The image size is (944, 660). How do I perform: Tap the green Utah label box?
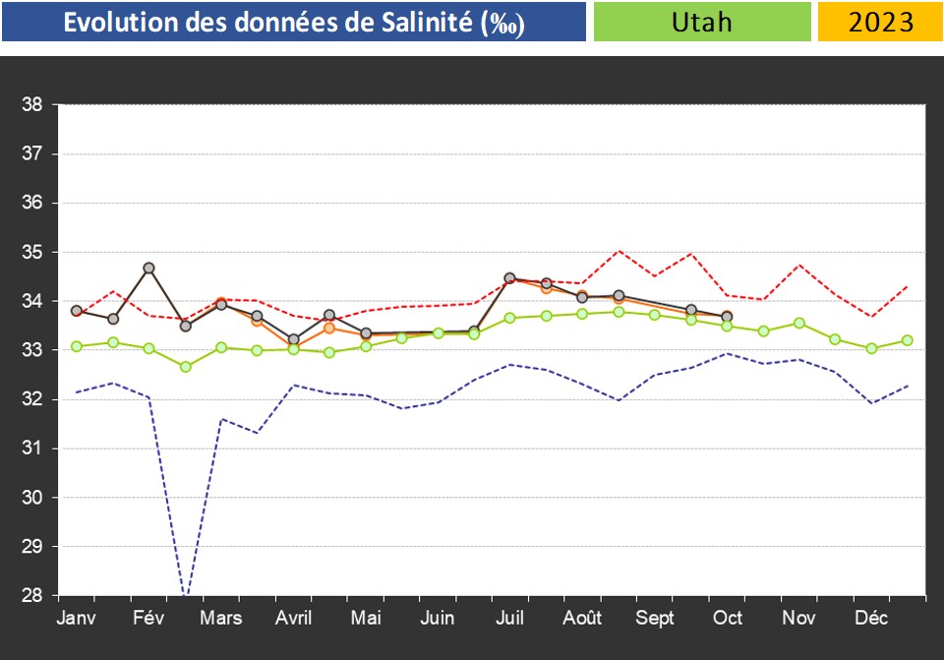702,22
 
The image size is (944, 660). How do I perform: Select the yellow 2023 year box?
880,22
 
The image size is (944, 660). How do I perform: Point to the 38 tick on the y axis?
31,105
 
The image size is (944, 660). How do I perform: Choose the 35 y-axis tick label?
31,253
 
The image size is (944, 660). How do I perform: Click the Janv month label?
77,619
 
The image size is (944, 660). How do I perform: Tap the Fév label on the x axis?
149,619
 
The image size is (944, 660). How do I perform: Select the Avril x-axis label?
294,619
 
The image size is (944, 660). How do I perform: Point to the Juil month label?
509,619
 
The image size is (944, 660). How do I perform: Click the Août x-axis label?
582,619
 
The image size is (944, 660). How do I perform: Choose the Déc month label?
871,619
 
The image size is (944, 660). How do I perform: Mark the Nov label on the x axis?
798,619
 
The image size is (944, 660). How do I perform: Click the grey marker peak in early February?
148,268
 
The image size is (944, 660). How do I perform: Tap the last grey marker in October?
727,317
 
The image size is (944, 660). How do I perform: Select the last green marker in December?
908,340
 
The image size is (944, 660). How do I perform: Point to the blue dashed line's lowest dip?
185,593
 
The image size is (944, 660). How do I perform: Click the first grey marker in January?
77,311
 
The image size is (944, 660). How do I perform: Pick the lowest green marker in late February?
185,367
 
